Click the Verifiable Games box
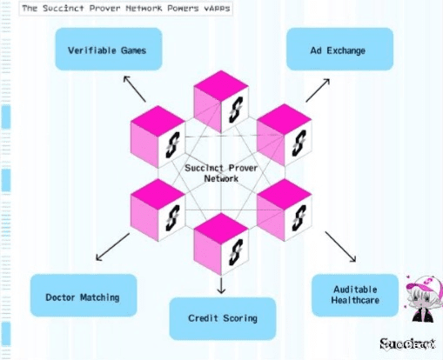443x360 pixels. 109,49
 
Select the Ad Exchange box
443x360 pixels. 339,49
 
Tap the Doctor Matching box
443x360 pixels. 84,296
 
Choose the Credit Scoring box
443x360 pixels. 223,318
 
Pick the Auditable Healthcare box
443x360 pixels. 355,296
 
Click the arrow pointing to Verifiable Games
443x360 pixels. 135,89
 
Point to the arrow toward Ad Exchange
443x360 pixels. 318,90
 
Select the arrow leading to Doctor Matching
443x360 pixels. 112,247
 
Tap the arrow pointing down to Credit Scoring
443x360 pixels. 221,285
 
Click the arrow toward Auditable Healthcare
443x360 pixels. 340,247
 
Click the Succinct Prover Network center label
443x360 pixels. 221,173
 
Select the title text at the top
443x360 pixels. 126,9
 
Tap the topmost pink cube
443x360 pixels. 221,102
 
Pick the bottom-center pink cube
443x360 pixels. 221,244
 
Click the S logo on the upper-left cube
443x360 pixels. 172,145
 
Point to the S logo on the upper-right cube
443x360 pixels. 299,143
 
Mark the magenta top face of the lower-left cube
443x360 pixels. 158,194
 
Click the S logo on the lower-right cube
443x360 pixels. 299,218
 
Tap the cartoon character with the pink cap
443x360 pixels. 424,298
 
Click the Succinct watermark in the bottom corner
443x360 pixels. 407,344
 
